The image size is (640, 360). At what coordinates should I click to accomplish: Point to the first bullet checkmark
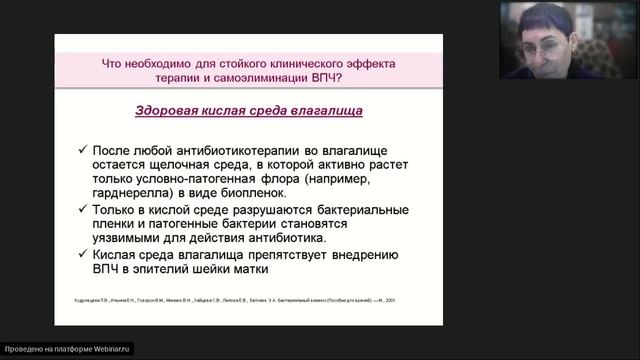click(x=82, y=149)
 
